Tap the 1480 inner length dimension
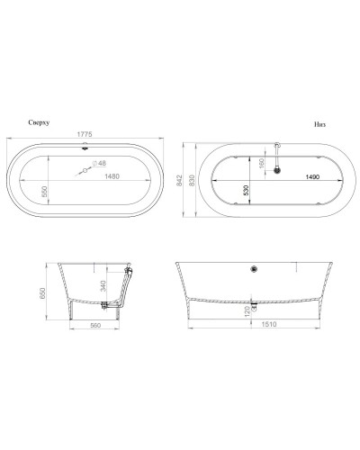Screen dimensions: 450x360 [111, 176]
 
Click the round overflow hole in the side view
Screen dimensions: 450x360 [254, 267]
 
